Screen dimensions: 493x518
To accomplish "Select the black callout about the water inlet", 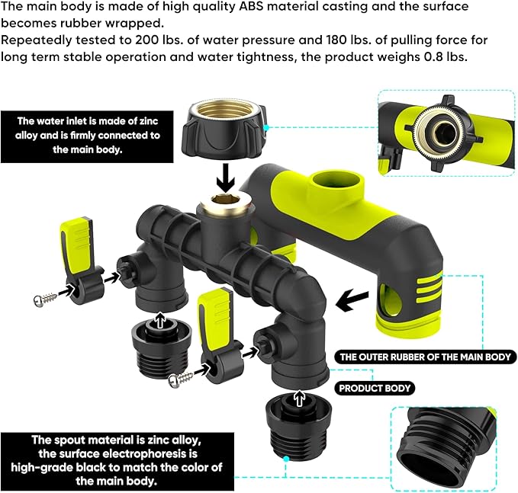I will [88, 136].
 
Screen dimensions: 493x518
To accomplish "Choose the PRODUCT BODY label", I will [375, 389].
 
